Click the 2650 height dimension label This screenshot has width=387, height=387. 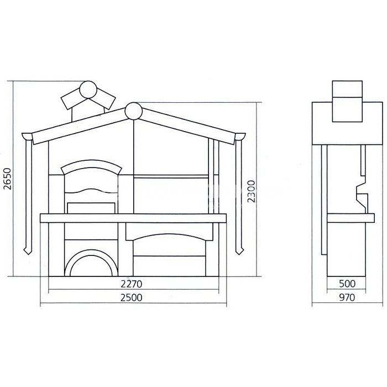tap(8, 179)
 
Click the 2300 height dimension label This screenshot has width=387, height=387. tap(251, 191)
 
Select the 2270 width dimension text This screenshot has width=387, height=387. tap(132, 284)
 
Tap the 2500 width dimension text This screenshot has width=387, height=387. tap(132, 297)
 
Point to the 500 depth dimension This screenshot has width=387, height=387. tap(347, 284)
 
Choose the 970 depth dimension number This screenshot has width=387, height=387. tap(347, 297)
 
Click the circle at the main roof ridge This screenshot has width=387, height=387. tap(134, 111)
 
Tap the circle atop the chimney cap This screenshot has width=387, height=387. tap(88, 90)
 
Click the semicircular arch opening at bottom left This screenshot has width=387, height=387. tap(91, 254)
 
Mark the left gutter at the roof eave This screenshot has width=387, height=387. tap(27, 136)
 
